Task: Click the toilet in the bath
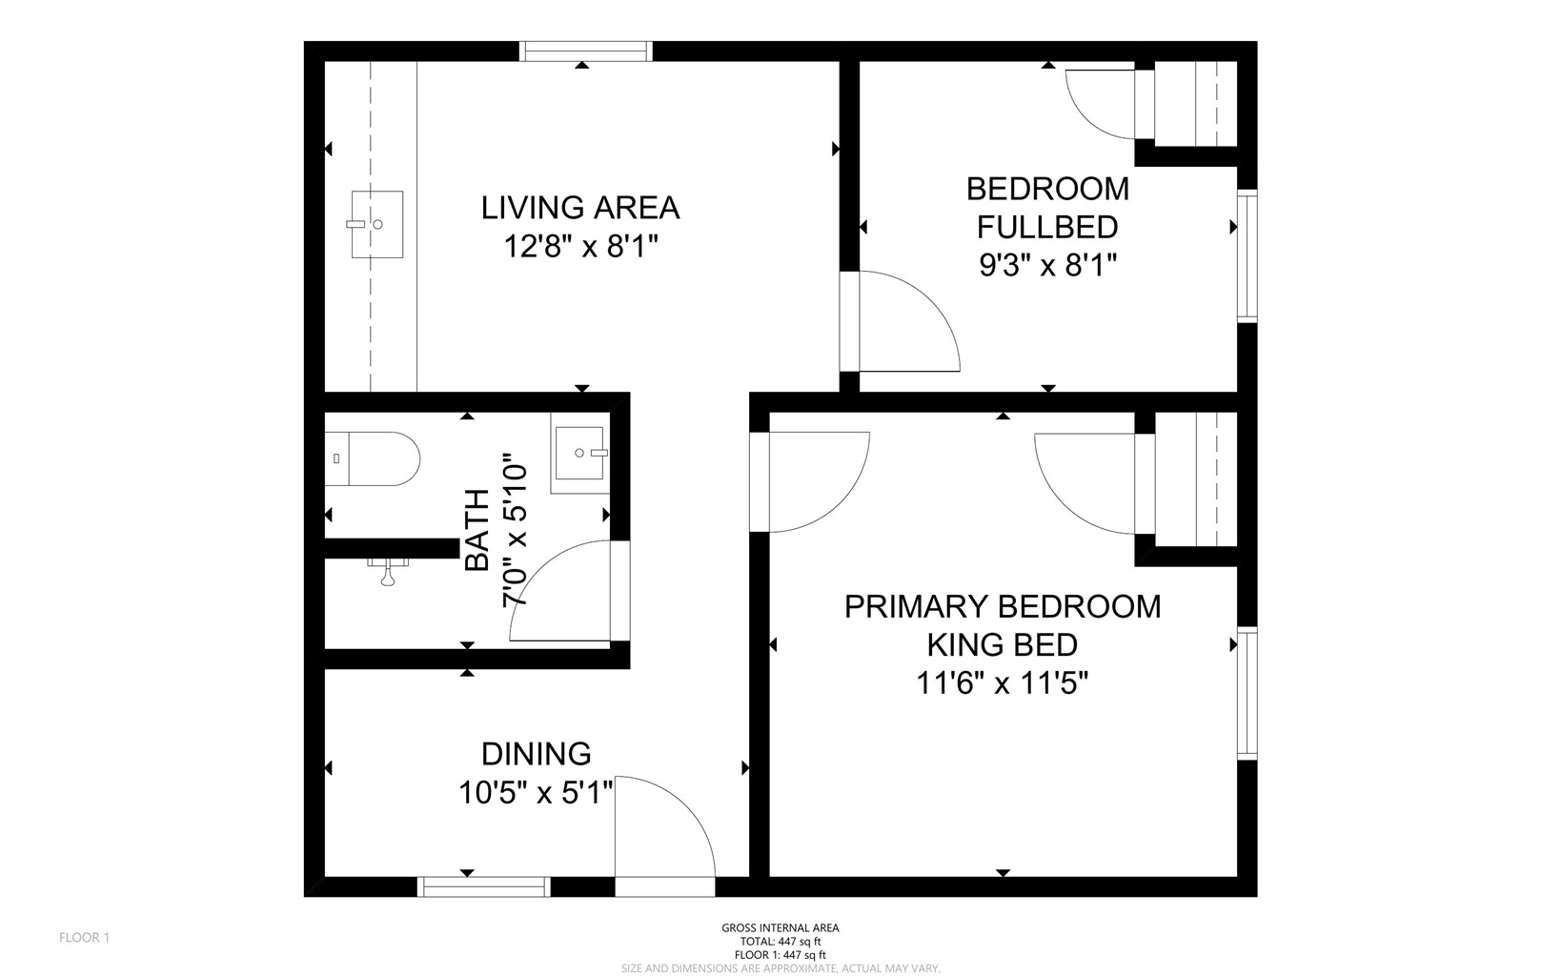(373, 458)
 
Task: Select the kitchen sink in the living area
(376, 224)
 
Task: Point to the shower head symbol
(388, 571)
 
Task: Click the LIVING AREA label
(580, 208)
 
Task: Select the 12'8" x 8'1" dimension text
(581, 246)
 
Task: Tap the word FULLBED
(1047, 228)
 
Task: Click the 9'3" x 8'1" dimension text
(1048, 265)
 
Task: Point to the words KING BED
(1002, 644)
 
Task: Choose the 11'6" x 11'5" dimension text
(1002, 683)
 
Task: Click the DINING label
(537, 754)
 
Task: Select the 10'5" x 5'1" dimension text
(536, 792)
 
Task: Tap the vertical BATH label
(477, 530)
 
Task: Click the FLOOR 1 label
(85, 938)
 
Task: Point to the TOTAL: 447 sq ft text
(781, 942)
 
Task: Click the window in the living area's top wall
(586, 51)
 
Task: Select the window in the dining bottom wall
(484, 886)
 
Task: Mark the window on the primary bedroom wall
(1247, 694)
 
